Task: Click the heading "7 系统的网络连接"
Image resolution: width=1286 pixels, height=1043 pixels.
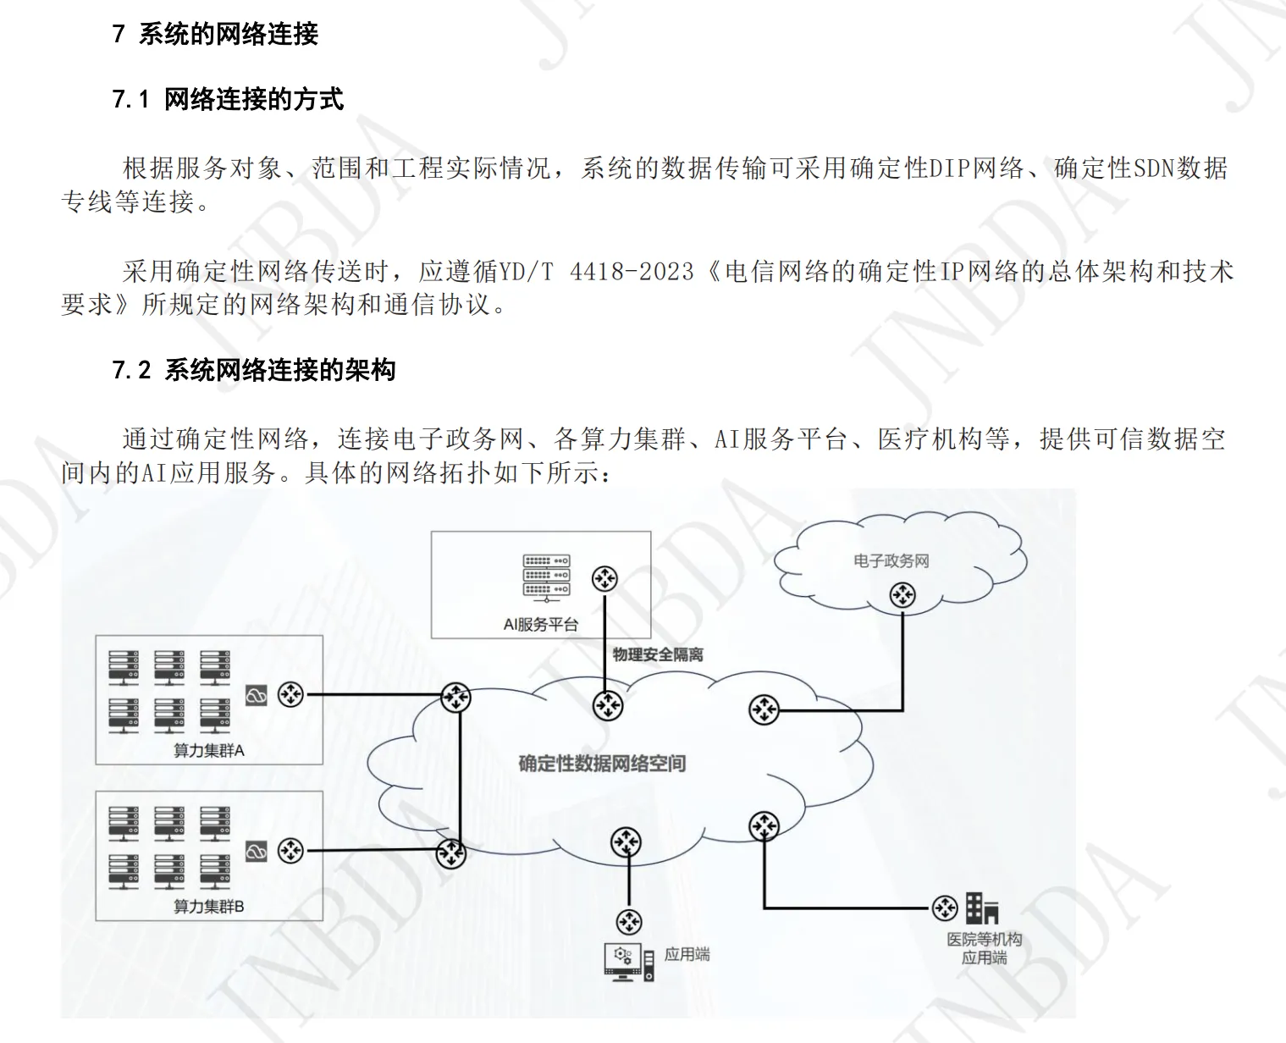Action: click(x=215, y=34)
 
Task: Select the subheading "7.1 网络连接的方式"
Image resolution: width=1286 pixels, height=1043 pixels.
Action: click(x=228, y=100)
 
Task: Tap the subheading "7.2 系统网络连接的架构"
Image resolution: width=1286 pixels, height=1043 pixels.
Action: click(x=254, y=370)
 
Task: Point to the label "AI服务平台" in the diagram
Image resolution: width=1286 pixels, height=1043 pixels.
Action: click(x=540, y=625)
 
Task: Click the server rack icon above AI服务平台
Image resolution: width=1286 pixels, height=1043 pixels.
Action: click(x=546, y=577)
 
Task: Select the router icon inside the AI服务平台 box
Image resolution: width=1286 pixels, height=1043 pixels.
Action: click(x=604, y=579)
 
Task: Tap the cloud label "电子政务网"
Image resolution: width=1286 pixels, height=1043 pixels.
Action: click(x=891, y=560)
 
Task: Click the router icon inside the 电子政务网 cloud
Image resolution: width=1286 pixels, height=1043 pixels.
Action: click(x=902, y=595)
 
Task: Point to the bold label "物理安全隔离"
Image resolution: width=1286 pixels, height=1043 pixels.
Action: click(x=658, y=654)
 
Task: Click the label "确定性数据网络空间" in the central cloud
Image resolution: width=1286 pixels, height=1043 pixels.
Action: click(x=602, y=764)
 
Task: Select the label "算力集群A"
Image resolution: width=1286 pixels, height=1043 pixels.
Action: click(x=208, y=750)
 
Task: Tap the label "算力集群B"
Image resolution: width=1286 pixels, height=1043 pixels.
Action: click(x=208, y=907)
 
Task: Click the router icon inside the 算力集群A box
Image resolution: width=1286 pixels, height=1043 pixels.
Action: click(x=290, y=695)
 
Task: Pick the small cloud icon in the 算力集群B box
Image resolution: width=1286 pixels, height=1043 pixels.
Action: click(x=256, y=851)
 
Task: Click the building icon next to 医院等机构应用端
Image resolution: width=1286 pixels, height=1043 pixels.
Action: click(x=982, y=908)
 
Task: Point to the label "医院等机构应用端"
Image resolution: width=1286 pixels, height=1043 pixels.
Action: click(x=984, y=948)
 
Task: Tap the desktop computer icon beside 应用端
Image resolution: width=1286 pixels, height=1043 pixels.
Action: click(x=628, y=962)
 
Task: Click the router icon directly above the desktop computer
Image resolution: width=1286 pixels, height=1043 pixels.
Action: click(x=628, y=921)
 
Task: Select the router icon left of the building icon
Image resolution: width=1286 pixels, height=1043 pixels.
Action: click(x=944, y=908)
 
